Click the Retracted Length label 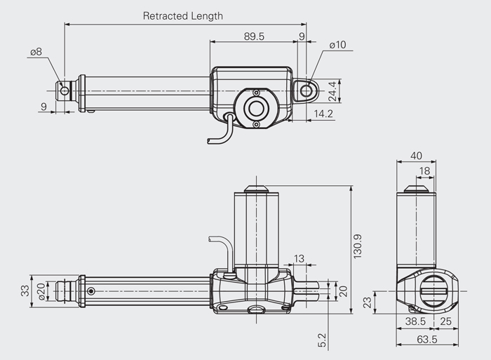click(183, 15)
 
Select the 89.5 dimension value click(254, 36)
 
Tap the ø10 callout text click(337, 45)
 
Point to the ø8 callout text click(36, 52)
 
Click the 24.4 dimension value click(332, 91)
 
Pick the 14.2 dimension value click(323, 114)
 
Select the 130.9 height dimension click(357, 246)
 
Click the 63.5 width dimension click(426, 339)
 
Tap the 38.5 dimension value click(415, 321)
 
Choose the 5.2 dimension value click(322, 340)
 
